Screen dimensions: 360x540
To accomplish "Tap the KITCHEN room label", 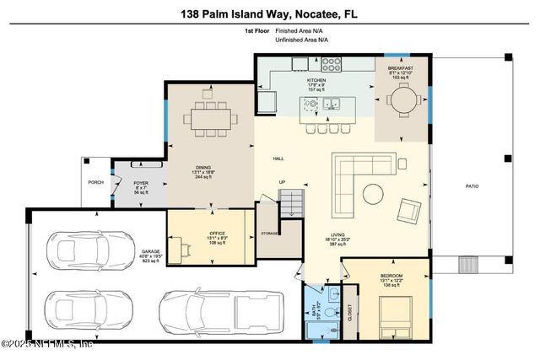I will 316,80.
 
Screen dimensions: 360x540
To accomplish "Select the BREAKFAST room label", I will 400,67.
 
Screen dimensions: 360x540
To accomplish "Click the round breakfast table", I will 403,99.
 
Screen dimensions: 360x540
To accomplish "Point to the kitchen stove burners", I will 331,62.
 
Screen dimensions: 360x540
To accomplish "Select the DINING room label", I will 202,167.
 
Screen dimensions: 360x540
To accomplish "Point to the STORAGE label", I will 269,233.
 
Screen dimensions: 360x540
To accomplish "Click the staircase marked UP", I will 290,203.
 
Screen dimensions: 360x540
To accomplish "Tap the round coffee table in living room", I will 372,194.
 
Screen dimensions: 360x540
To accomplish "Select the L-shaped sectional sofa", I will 348,181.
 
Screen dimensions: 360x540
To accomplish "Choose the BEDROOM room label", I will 391,276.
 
